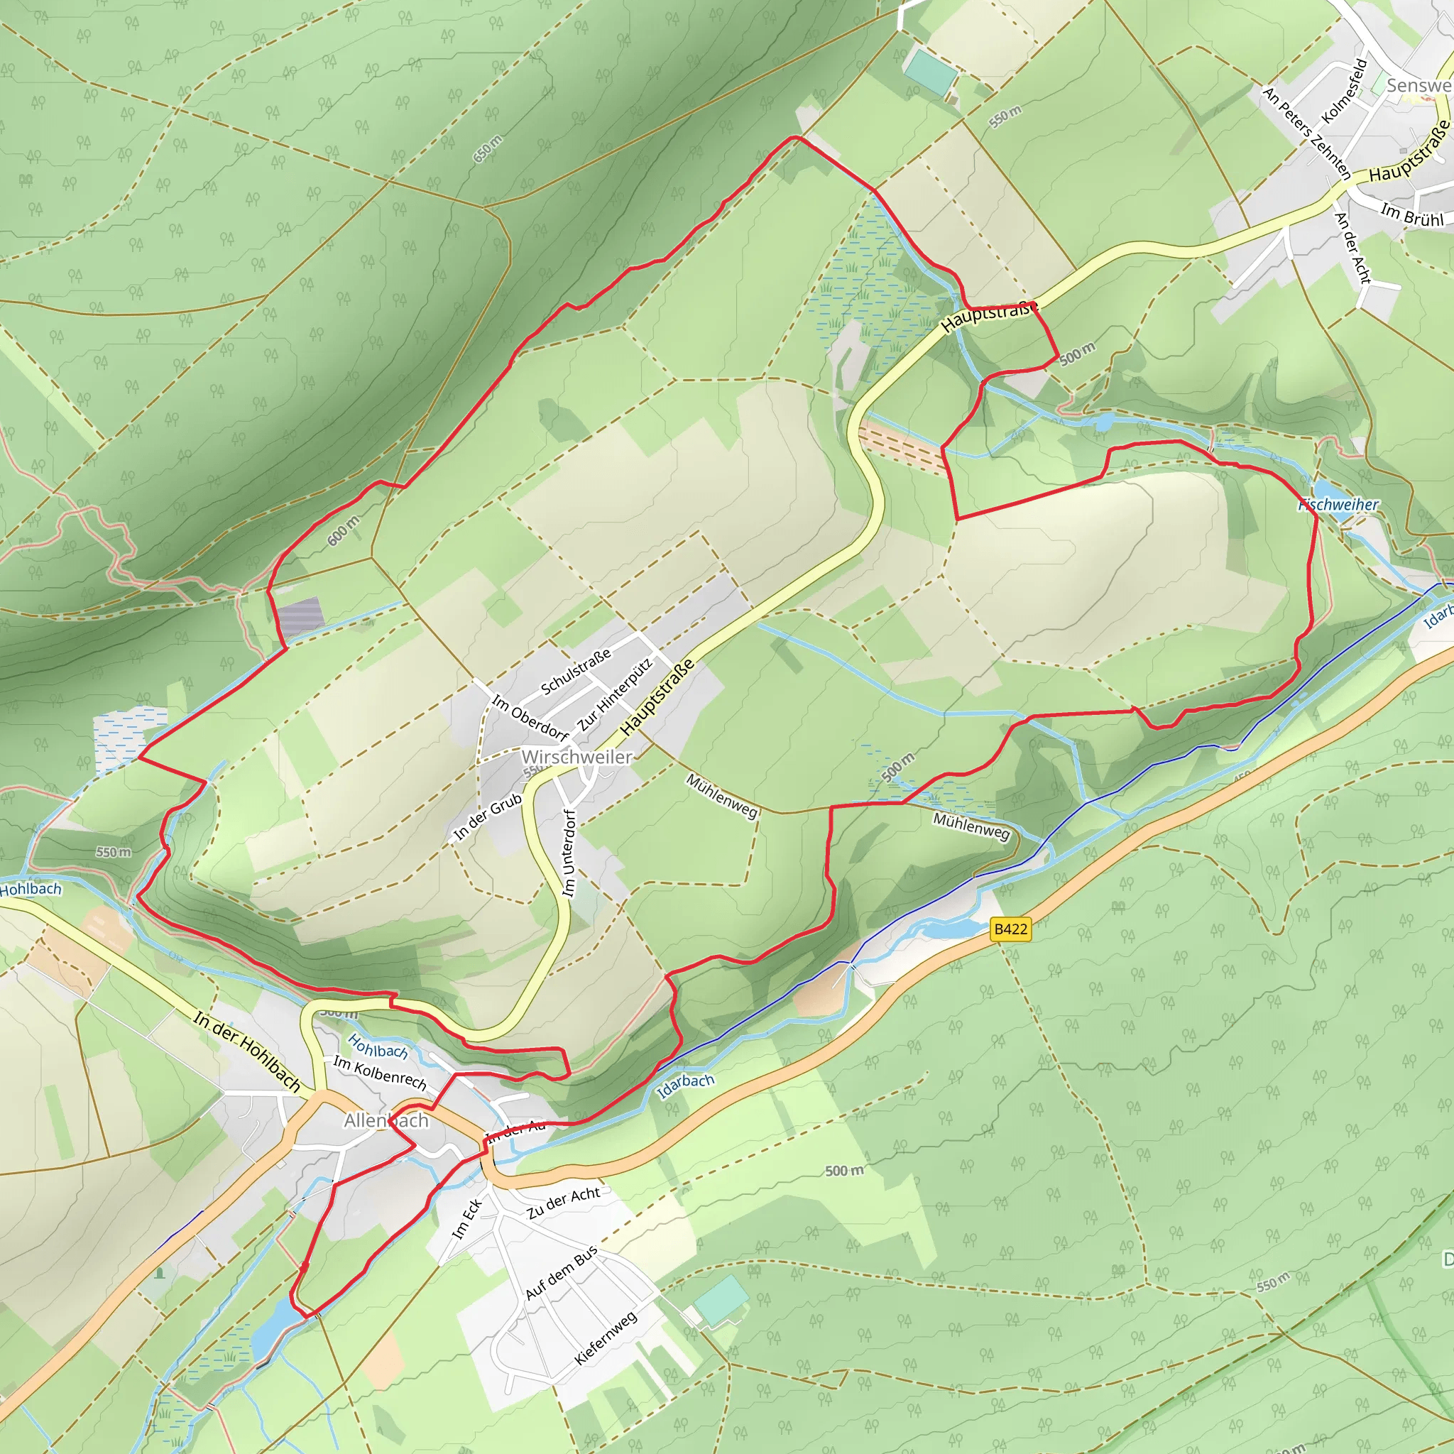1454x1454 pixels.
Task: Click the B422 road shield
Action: click(x=1010, y=929)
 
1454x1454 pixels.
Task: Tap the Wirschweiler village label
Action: click(x=576, y=757)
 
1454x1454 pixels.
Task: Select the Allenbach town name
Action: click(x=386, y=1120)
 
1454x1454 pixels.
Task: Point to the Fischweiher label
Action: click(x=1338, y=505)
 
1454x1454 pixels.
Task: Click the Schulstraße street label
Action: click(x=576, y=672)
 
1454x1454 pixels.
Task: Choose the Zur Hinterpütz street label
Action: click(x=614, y=694)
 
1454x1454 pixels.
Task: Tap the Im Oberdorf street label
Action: click(x=530, y=717)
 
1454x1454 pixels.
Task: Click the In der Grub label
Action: click(x=488, y=816)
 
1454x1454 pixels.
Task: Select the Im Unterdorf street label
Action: click(x=569, y=853)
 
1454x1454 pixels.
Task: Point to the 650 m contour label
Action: click(x=488, y=148)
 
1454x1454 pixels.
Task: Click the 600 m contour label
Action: click(x=343, y=531)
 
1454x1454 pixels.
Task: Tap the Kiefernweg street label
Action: click(x=605, y=1338)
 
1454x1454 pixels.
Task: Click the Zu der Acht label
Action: click(x=563, y=1202)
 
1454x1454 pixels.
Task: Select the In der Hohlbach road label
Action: click(x=247, y=1052)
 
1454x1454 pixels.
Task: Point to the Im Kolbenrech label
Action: click(x=380, y=1073)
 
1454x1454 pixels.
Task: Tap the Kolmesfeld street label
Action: click(x=1344, y=91)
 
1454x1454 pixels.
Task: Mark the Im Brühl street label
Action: click(x=1412, y=214)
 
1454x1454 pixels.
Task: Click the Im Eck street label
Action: click(x=466, y=1220)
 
